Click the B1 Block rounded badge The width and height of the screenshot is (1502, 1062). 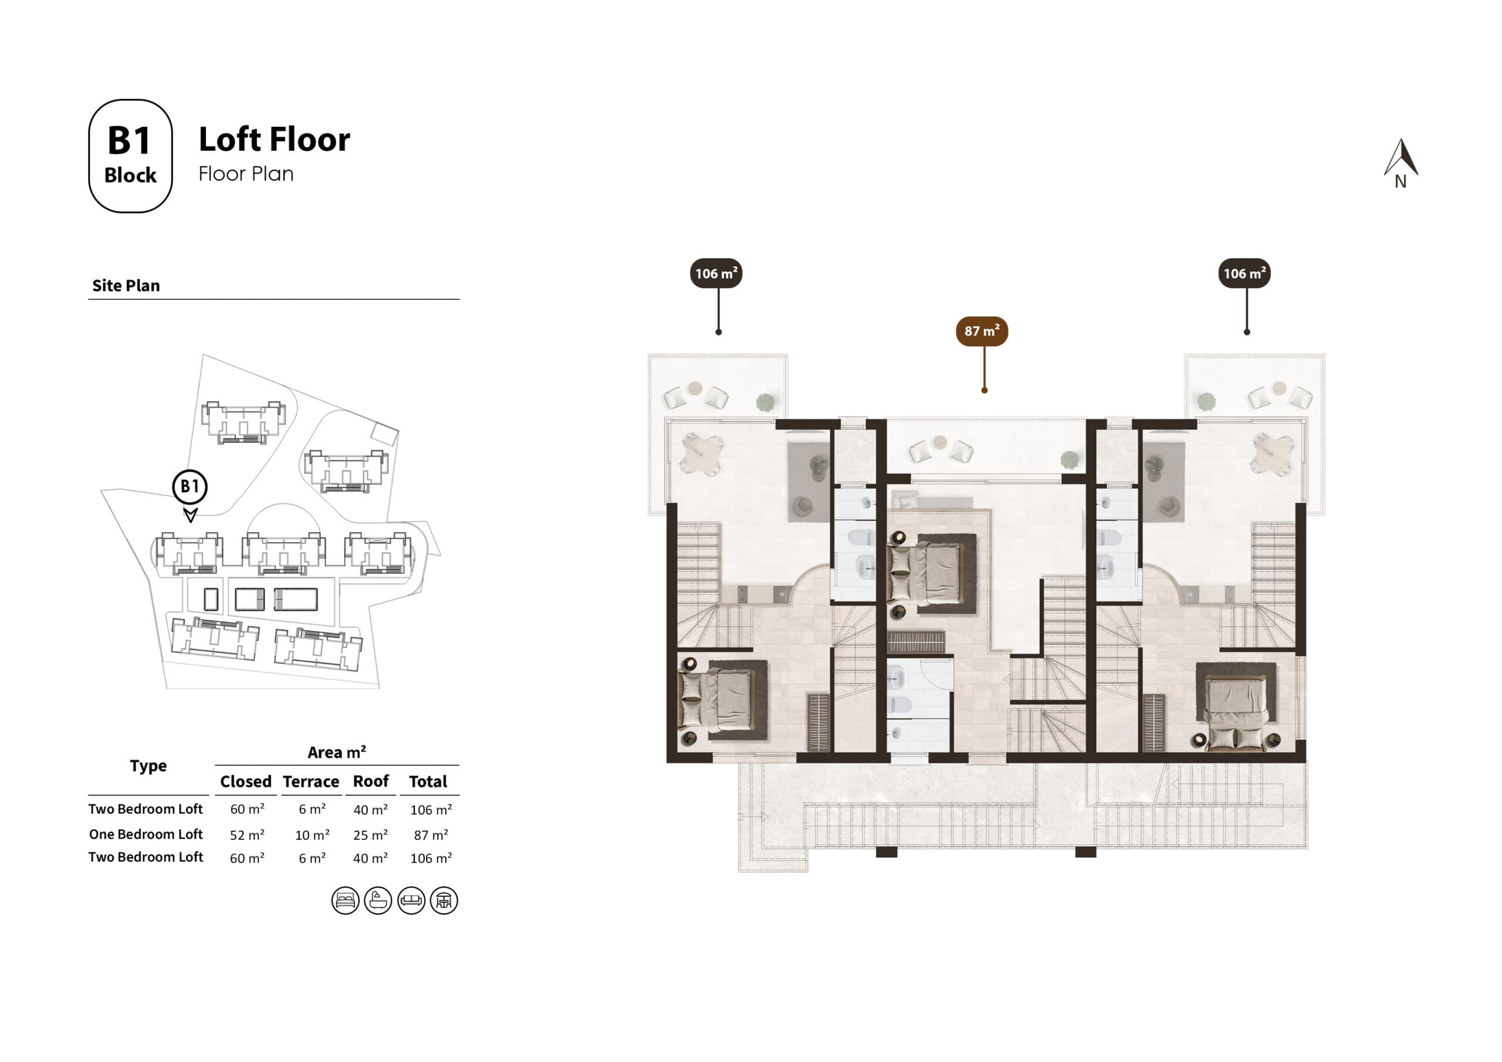130,155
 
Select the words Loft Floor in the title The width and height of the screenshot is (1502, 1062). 274,140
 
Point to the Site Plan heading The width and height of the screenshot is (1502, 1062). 126,286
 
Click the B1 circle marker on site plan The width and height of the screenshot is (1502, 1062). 190,486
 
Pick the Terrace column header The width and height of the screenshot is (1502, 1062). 311,782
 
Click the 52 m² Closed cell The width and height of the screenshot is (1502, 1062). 246,835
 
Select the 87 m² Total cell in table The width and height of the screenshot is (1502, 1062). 431,835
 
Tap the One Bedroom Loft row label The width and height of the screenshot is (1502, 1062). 146,834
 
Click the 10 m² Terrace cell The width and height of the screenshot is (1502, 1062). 312,835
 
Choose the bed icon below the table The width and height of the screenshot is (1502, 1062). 345,901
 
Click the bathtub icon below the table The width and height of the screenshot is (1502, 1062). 378,901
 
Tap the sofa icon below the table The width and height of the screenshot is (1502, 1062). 411,901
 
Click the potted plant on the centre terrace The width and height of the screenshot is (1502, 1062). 1069,460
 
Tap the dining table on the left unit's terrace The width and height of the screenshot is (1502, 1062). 701,453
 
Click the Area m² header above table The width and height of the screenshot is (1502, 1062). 336,753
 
